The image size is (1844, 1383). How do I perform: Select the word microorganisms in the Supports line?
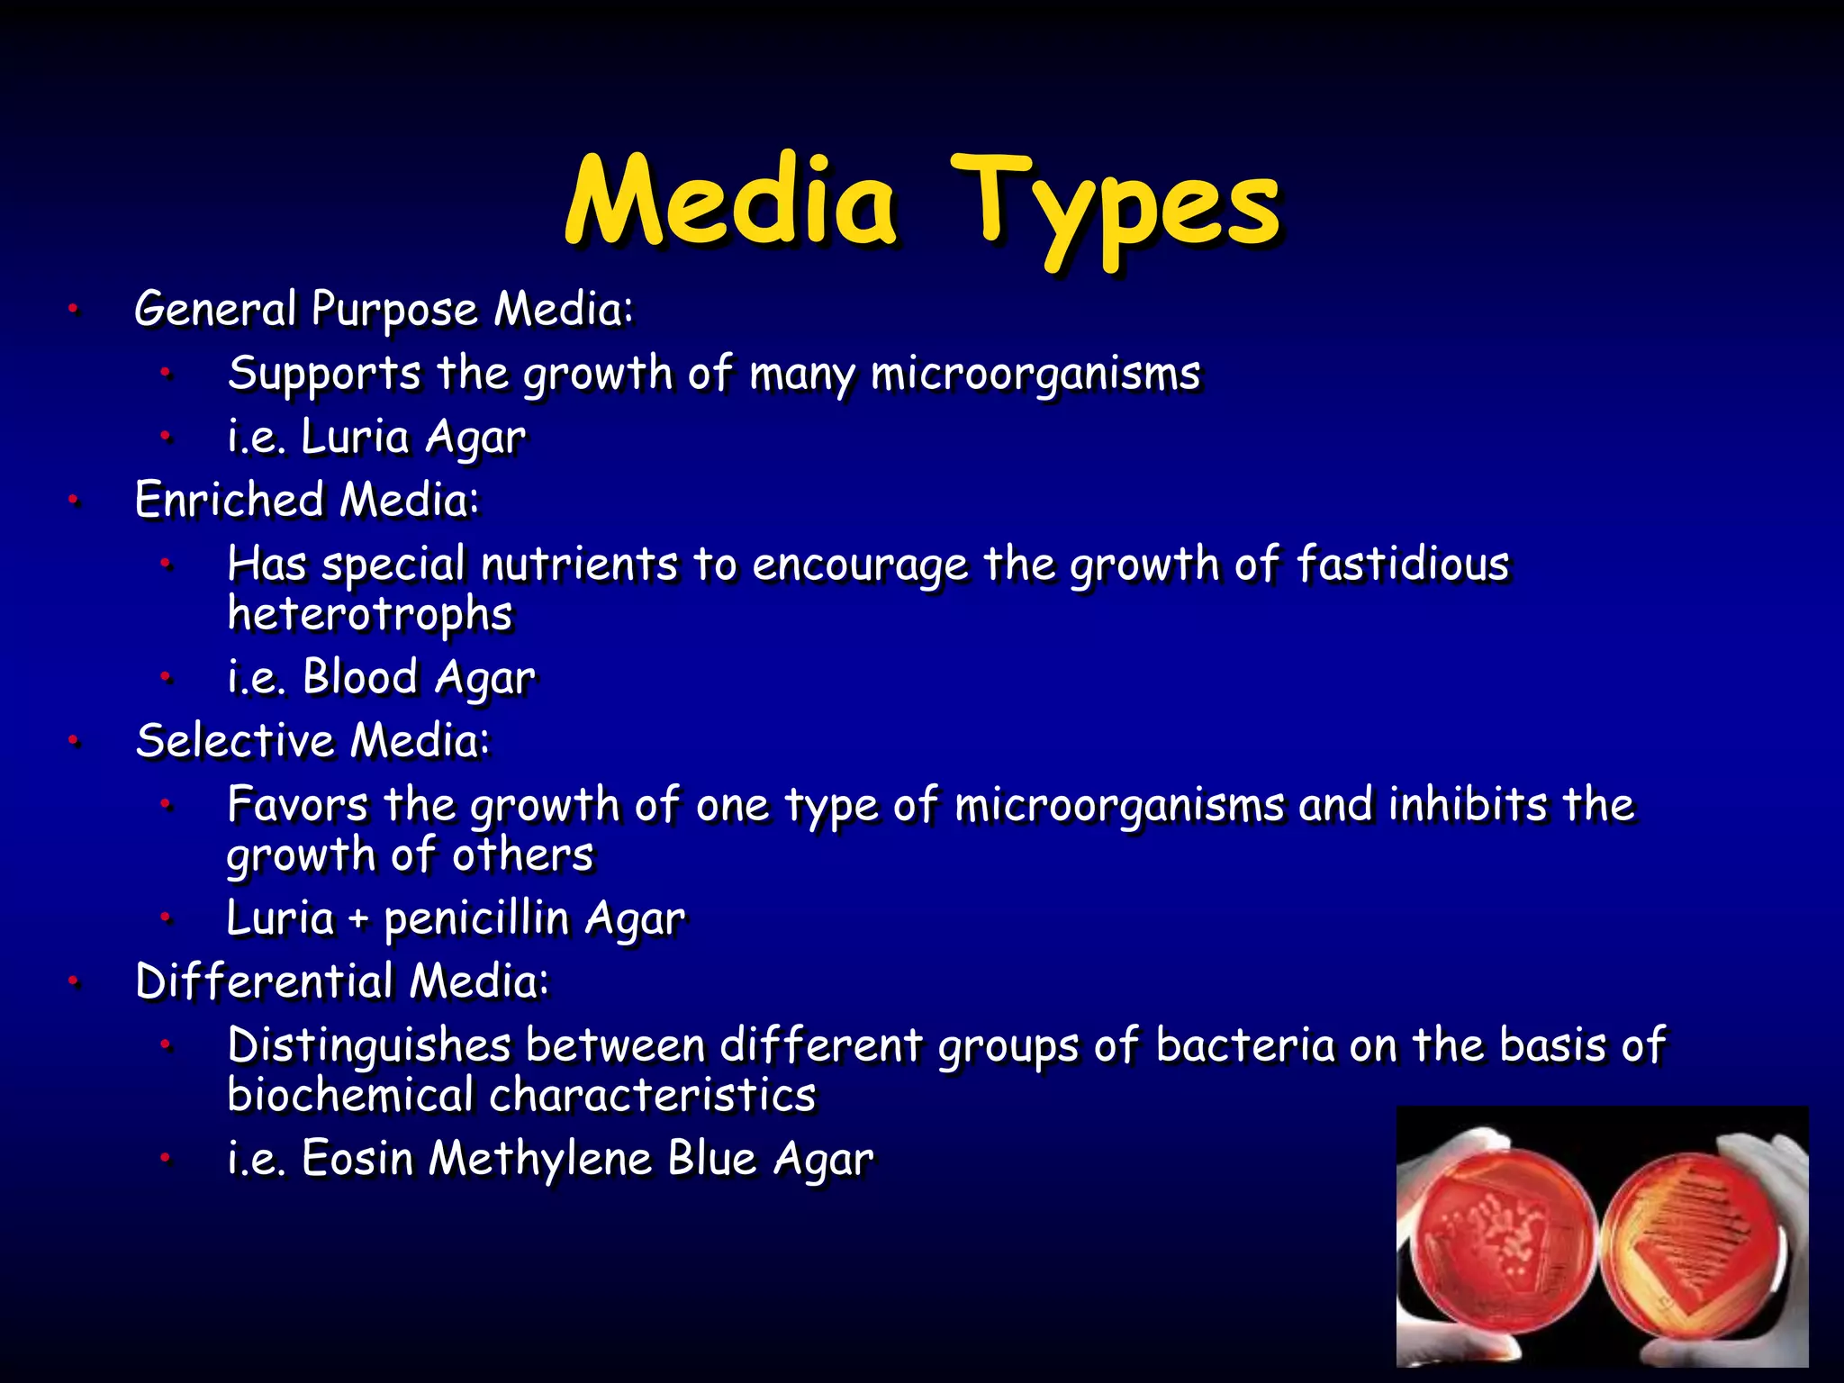click(1035, 373)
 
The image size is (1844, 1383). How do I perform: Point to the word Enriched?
click(229, 500)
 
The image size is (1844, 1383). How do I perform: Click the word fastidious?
click(1402, 565)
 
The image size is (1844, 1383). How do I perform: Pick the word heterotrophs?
click(369, 614)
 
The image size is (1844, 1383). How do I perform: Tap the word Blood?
click(360, 677)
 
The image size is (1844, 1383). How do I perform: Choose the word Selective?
click(235, 740)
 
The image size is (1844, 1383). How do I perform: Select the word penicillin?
click(477, 918)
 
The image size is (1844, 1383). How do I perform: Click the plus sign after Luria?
click(358, 919)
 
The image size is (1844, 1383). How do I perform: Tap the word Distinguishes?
click(369, 1045)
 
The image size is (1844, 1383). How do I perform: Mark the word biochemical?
click(350, 1095)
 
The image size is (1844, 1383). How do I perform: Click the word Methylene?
click(539, 1158)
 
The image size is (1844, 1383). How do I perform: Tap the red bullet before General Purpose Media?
click(74, 310)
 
